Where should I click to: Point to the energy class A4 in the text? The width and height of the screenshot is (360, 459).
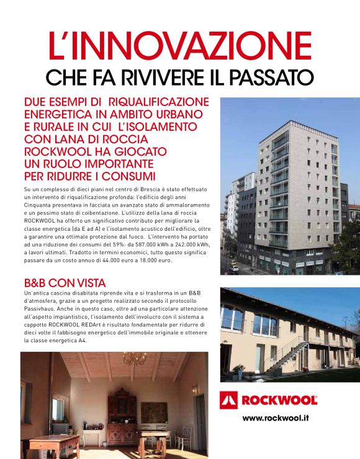click(x=80, y=341)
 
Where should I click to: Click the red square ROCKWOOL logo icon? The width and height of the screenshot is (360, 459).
click(x=230, y=401)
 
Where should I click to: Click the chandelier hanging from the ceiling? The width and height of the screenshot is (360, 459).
click(x=133, y=359)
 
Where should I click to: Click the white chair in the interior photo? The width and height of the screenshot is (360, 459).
click(x=182, y=435)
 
